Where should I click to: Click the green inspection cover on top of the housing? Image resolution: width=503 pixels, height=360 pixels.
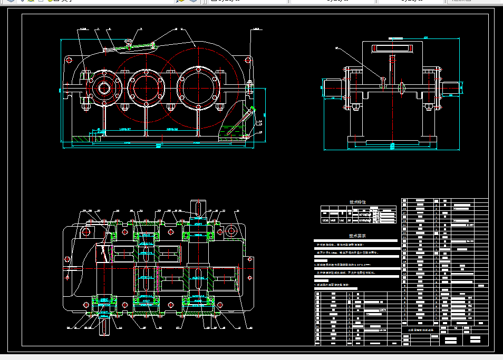(x=129, y=47)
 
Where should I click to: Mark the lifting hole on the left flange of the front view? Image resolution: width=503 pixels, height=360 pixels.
(x=69, y=60)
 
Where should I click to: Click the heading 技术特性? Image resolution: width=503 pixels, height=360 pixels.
(x=357, y=202)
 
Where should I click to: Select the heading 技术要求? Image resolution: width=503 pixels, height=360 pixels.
(x=357, y=237)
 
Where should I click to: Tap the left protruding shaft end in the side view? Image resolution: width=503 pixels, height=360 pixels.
(x=332, y=88)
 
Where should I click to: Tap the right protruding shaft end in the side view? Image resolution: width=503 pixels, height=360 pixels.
(x=453, y=89)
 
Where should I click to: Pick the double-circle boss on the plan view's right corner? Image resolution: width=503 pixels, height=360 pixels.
(x=231, y=230)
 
